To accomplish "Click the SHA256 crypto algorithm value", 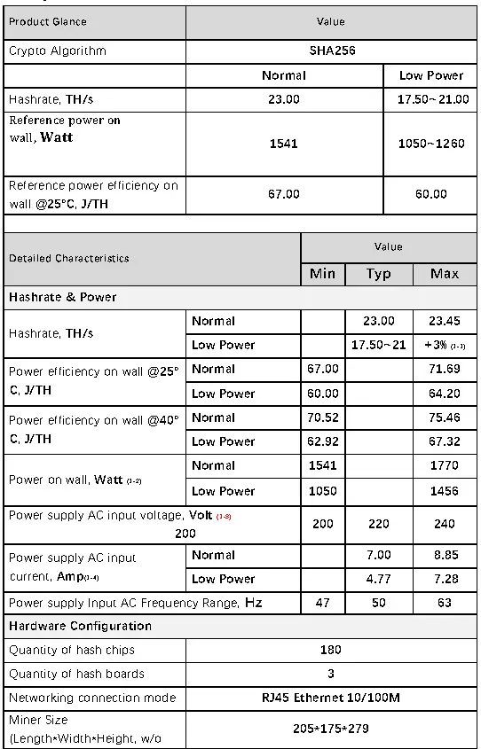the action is pos(330,51).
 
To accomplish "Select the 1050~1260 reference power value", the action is pos(430,144).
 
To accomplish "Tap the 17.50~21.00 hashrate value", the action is pos(432,99).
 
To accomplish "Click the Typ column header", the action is pos(379,274).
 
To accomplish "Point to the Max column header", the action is pos(445,274).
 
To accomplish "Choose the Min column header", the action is pos(322,274).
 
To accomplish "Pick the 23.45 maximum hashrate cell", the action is pos(445,321).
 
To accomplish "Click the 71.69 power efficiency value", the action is pos(445,369).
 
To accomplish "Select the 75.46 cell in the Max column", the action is pos(445,417).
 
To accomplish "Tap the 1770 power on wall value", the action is pos(445,465).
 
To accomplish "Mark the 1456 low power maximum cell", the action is pos(445,491).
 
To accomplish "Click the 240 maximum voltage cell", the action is pos(445,524).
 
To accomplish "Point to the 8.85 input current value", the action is pos(445,555).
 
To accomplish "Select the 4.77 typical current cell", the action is pos(379,579).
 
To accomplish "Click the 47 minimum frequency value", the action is pos(322,603).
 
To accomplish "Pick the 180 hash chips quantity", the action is pos(330,650).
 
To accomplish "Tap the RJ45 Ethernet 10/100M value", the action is pos(330,698).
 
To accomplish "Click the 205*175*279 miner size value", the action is pos(330,729).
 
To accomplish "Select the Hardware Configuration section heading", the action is pos(80,626).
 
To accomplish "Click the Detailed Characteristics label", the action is pos(69,259).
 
